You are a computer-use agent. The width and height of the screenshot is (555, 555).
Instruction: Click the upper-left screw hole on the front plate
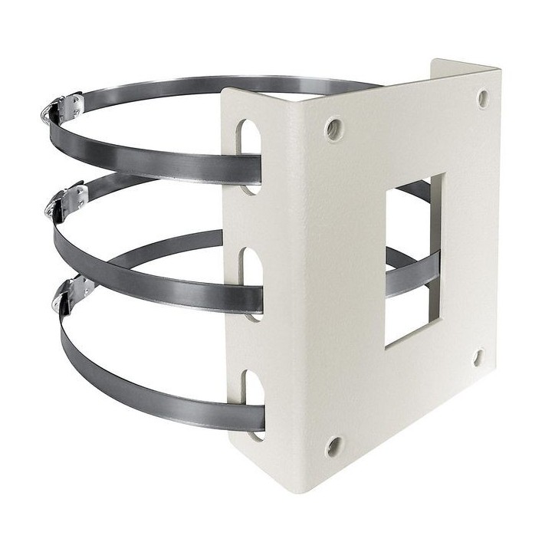[x=333, y=128]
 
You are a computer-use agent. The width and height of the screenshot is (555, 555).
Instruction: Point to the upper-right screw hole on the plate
[x=483, y=98]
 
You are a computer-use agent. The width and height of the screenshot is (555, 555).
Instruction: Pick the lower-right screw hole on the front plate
[x=478, y=356]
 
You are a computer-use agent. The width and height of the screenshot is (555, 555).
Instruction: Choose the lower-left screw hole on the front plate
[x=333, y=445]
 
